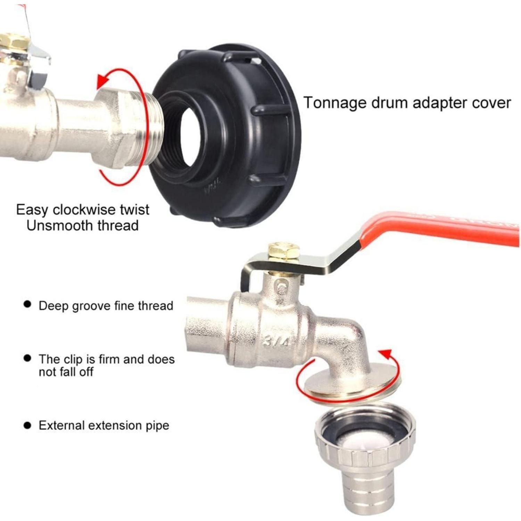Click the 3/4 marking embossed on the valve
click(x=276, y=340)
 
